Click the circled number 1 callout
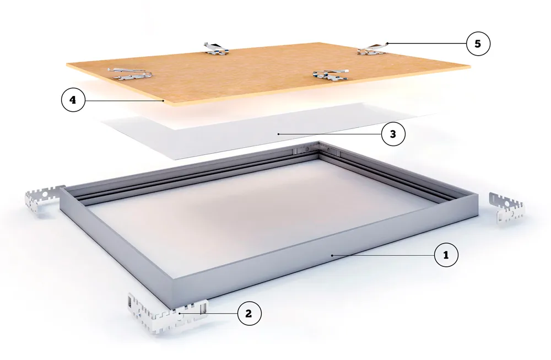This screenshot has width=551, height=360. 446,255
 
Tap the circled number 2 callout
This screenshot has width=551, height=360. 250,313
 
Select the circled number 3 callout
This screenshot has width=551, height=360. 393,134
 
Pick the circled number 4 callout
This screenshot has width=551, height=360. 73,100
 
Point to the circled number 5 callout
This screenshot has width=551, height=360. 478,44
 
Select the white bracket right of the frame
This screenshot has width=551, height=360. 506,207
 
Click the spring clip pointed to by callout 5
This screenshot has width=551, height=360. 372,49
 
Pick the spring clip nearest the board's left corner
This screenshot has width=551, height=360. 131,73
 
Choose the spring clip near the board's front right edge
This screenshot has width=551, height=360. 329,74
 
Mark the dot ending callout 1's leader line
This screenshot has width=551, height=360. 332,255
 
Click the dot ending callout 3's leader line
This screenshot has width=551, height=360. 278,134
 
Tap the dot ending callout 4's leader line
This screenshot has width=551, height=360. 164,100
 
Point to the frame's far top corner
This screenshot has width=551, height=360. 319,142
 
